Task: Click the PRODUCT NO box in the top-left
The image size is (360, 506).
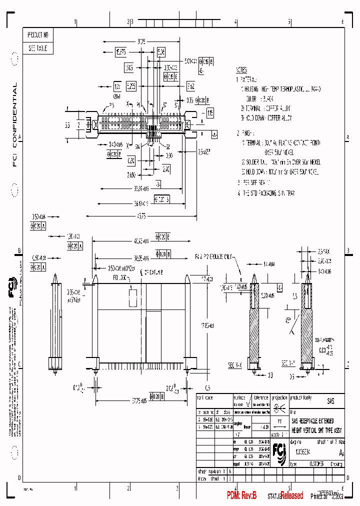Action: [x=38, y=35]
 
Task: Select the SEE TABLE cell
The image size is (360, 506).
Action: [x=38, y=48]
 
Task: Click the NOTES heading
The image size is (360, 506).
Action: [x=241, y=70]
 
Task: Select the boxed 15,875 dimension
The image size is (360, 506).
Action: [x=120, y=51]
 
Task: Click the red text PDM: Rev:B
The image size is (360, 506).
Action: [x=241, y=495]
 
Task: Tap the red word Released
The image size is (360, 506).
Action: [x=291, y=495]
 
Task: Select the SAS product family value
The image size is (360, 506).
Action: [x=330, y=401]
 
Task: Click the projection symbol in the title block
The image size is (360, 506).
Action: [x=279, y=407]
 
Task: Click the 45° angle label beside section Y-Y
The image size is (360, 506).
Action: [x=289, y=320]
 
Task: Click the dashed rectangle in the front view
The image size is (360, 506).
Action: [x=132, y=297]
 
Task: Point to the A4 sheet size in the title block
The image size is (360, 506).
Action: [x=341, y=453]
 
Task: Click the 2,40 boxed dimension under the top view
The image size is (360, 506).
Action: [x=166, y=170]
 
